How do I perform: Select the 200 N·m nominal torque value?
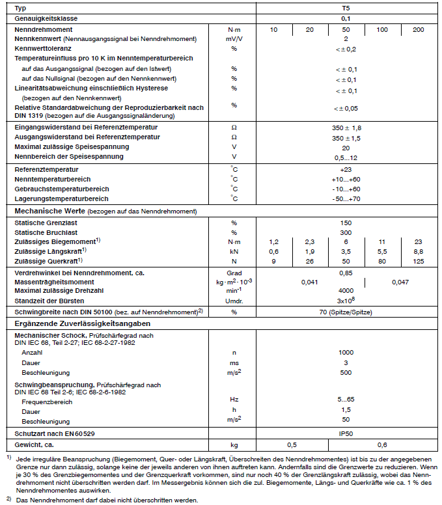[418, 30]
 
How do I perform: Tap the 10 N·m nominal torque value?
[273, 30]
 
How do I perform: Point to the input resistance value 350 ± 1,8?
[346, 128]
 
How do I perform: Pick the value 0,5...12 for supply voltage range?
[346, 157]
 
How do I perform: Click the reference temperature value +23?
[346, 169]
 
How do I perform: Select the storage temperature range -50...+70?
[346, 198]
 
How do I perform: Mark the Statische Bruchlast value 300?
[346, 232]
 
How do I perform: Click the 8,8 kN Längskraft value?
[418, 251]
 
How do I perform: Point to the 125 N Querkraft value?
[418, 261]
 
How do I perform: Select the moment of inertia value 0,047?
[401, 282]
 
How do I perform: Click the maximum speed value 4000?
[346, 292]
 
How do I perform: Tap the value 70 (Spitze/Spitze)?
[346, 312]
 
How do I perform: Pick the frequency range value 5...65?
[346, 399]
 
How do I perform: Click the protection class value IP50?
[346, 433]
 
